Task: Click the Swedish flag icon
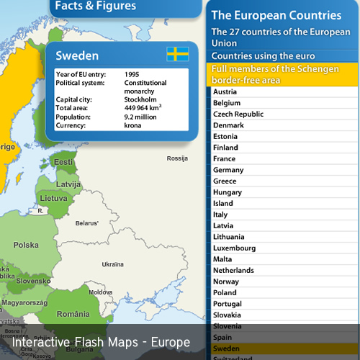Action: (177, 54)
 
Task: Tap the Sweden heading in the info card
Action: (77, 55)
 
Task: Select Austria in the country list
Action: (225, 91)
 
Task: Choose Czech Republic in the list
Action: (238, 114)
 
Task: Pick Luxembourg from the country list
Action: (234, 248)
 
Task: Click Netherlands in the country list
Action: (233, 270)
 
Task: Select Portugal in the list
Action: (228, 304)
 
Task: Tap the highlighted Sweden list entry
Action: (228, 348)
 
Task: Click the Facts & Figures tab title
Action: (94, 6)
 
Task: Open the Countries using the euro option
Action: (263, 55)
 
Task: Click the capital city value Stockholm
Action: (141, 99)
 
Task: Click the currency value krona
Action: (135, 125)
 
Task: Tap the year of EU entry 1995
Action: (132, 74)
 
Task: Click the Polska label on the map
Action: (27, 245)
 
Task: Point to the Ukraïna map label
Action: (112, 264)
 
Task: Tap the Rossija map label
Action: (176, 158)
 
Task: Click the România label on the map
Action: (73, 314)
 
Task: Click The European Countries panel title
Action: (276, 14)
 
